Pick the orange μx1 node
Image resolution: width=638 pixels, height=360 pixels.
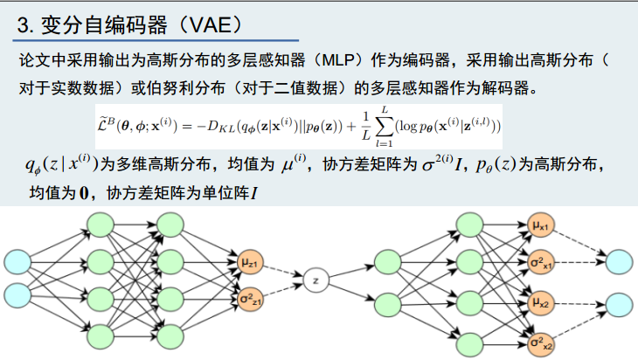click(x=539, y=227)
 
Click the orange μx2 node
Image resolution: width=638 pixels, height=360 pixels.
click(x=539, y=304)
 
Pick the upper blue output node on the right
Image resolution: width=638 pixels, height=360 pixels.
click(x=619, y=261)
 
